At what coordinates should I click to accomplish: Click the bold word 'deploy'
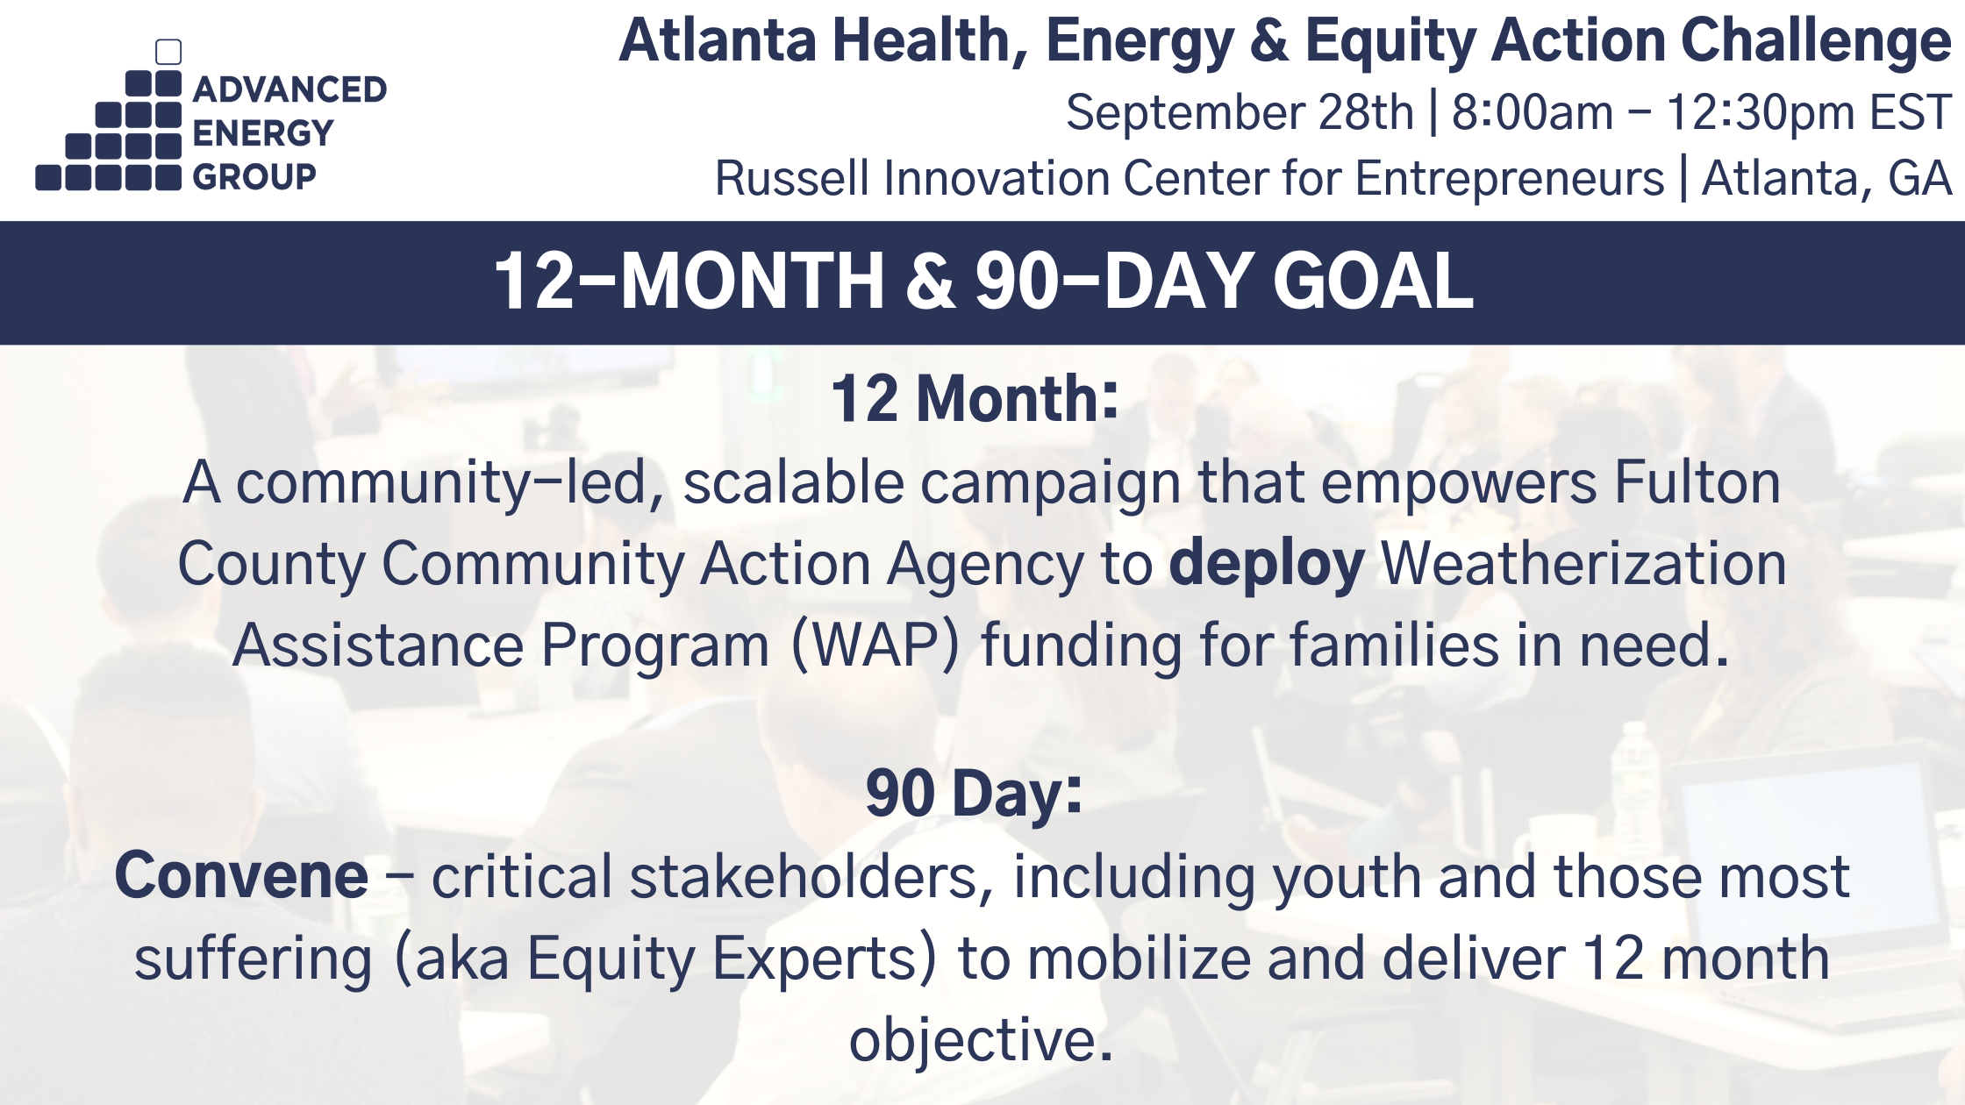[1266, 565]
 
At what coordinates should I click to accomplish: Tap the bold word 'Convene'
[241, 876]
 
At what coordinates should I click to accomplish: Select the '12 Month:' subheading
[975, 399]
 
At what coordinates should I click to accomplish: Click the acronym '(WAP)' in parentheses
[875, 646]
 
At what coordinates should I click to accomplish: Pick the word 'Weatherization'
[1583, 565]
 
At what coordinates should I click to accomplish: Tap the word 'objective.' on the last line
[981, 1041]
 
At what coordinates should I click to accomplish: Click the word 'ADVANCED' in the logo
[289, 89]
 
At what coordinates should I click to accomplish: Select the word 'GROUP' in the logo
[254, 177]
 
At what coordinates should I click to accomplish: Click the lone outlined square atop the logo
[168, 52]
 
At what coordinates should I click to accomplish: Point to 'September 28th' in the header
[1239, 113]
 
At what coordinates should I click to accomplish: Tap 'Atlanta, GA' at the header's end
[1826, 179]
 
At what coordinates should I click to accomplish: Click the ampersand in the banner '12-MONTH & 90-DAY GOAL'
[930, 282]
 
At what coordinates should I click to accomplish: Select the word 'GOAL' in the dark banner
[1373, 282]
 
